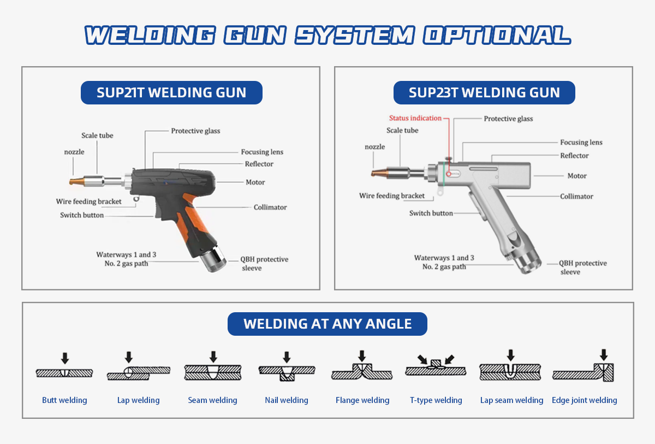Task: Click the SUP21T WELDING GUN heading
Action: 171,92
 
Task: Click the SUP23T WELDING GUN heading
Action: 484,92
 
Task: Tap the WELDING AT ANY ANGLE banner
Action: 327,324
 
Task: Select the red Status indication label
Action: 415,118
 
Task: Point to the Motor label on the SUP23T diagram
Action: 577,176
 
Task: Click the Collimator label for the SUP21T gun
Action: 270,207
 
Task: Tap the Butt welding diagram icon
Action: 64,372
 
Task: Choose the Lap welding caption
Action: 138,400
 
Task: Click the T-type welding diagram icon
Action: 436,369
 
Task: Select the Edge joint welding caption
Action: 584,400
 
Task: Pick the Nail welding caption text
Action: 287,400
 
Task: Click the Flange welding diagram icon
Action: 362,372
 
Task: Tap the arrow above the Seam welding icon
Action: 213,357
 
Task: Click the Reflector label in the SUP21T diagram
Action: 259,163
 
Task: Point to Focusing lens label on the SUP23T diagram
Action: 581,142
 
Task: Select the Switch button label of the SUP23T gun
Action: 431,213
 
